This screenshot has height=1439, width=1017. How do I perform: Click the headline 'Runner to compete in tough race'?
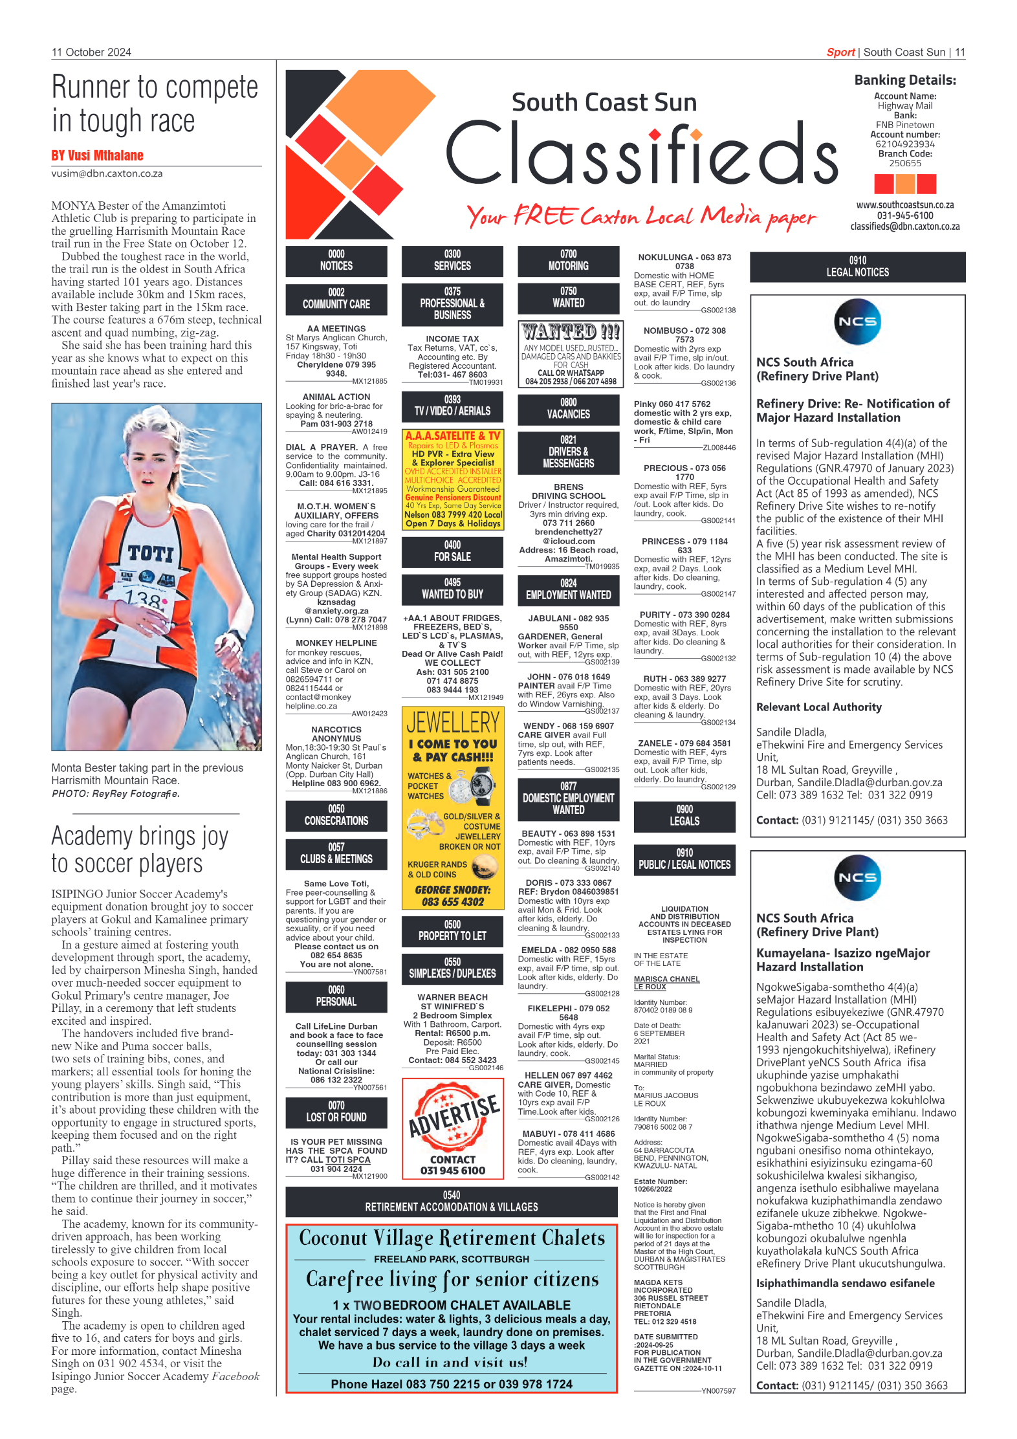155,104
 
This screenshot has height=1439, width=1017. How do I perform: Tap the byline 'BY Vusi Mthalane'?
98,155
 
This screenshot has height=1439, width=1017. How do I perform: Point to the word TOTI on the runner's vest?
151,553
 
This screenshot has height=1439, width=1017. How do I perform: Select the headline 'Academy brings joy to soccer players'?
140,850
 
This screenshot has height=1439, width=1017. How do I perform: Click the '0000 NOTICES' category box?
336,260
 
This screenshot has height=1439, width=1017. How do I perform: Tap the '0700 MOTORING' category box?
568,260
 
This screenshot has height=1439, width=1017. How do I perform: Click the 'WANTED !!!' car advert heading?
571,332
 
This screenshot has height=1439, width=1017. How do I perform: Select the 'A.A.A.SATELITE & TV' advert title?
452,436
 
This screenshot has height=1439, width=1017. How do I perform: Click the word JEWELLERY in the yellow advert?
453,722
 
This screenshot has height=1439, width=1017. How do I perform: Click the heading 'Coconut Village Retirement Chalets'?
452,1238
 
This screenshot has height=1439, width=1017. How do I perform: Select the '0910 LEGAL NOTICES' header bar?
857,267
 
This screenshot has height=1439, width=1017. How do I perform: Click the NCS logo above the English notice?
857,322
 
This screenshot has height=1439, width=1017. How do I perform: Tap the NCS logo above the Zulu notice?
857,877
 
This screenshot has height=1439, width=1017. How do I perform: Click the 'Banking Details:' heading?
904,80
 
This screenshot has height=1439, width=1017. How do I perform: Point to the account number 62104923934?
904,144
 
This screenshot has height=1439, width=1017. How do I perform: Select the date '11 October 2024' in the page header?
91,52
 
